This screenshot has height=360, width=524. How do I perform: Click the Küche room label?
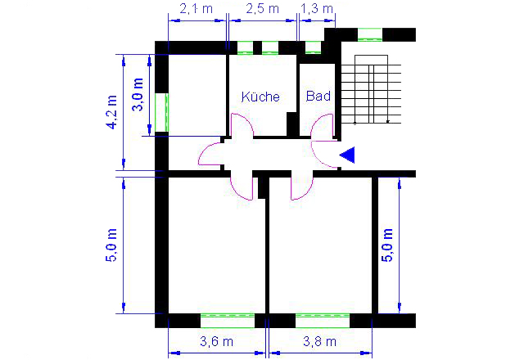click(260, 97)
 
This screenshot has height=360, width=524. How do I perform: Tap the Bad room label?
click(318, 96)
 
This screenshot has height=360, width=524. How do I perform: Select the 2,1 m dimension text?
click(196, 9)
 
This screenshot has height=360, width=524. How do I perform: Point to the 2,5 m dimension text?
click(262, 9)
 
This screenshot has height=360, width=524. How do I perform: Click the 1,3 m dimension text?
click(317, 9)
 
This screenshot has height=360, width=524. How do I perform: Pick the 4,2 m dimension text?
click(111, 112)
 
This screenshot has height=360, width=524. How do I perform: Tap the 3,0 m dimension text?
click(138, 95)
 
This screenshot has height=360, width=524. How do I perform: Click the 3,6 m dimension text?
click(216, 341)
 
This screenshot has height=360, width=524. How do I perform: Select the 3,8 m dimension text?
click(319, 341)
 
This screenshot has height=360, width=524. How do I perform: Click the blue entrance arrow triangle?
click(347, 155)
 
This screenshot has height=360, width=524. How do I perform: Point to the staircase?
click(371, 89)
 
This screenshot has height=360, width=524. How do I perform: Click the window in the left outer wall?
click(162, 113)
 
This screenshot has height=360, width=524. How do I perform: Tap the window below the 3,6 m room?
click(228, 321)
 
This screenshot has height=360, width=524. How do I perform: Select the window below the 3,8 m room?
click(323, 321)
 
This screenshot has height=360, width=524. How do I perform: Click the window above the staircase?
click(370, 34)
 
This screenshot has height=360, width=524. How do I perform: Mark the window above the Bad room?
click(313, 47)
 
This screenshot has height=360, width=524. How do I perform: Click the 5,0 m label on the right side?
click(387, 245)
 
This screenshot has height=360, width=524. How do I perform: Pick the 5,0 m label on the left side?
click(111, 245)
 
